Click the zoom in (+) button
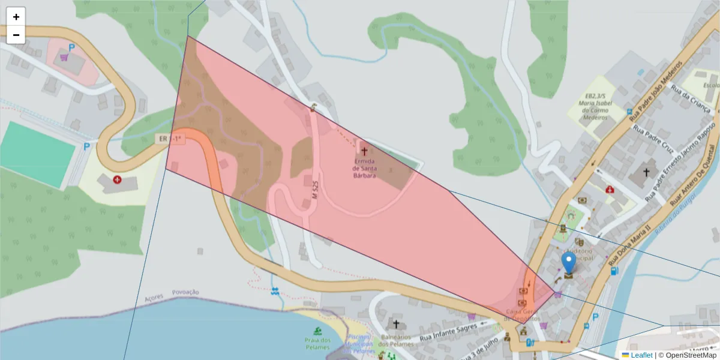point(16,17)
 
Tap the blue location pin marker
point(568,265)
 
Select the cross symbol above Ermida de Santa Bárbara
point(364,152)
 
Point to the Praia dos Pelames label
point(317,344)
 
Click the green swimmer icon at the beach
point(317,331)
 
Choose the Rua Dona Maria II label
point(629,245)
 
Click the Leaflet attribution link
point(641,355)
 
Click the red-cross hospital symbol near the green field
point(117,179)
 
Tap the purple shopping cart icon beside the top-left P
point(64,58)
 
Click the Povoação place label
point(185,292)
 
